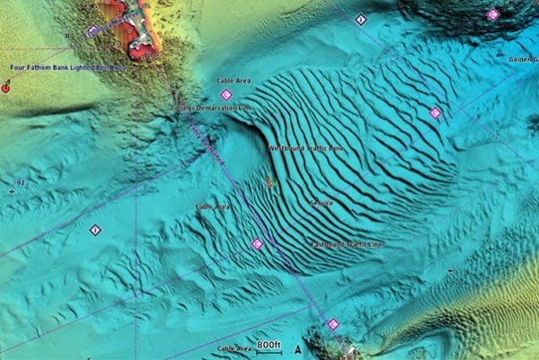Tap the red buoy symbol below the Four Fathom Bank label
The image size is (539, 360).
6,87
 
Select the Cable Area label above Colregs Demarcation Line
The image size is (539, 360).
234,81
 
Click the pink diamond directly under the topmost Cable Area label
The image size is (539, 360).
226,94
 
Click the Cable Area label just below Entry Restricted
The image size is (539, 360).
214,207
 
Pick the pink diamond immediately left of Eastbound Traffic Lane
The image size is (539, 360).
258,243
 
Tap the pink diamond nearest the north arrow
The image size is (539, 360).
333,324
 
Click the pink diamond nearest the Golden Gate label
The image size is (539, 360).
492,14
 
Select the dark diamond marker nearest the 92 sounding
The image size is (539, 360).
95,230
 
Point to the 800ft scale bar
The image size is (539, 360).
269,346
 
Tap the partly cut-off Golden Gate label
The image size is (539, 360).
522,59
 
